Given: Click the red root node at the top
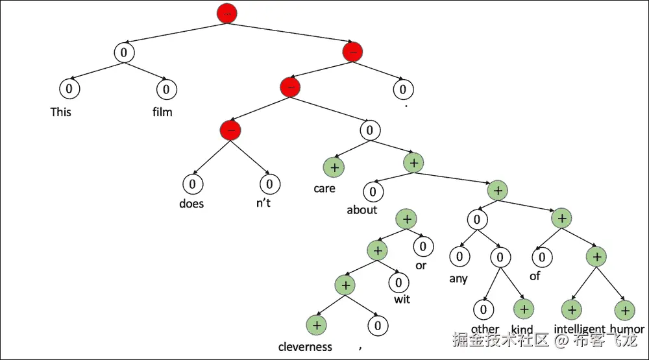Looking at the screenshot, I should coord(228,14).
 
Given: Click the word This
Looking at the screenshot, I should coord(61,112).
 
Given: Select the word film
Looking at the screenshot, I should coord(162,112).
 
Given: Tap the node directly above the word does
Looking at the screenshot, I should coord(192,184).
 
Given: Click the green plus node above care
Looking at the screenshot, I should coord(334,167).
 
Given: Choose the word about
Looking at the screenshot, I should coord(362,210).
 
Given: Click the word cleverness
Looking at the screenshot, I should coord(305,346).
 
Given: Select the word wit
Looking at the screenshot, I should coord(402,299).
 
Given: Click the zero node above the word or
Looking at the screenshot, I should coord(422,246).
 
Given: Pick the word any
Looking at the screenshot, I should coord(458,280).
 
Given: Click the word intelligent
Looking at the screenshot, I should coord(579,329).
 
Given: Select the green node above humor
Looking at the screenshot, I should coord(624,310).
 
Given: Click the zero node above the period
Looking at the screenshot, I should coord(403,88).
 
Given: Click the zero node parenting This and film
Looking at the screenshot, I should coord(123,53).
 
